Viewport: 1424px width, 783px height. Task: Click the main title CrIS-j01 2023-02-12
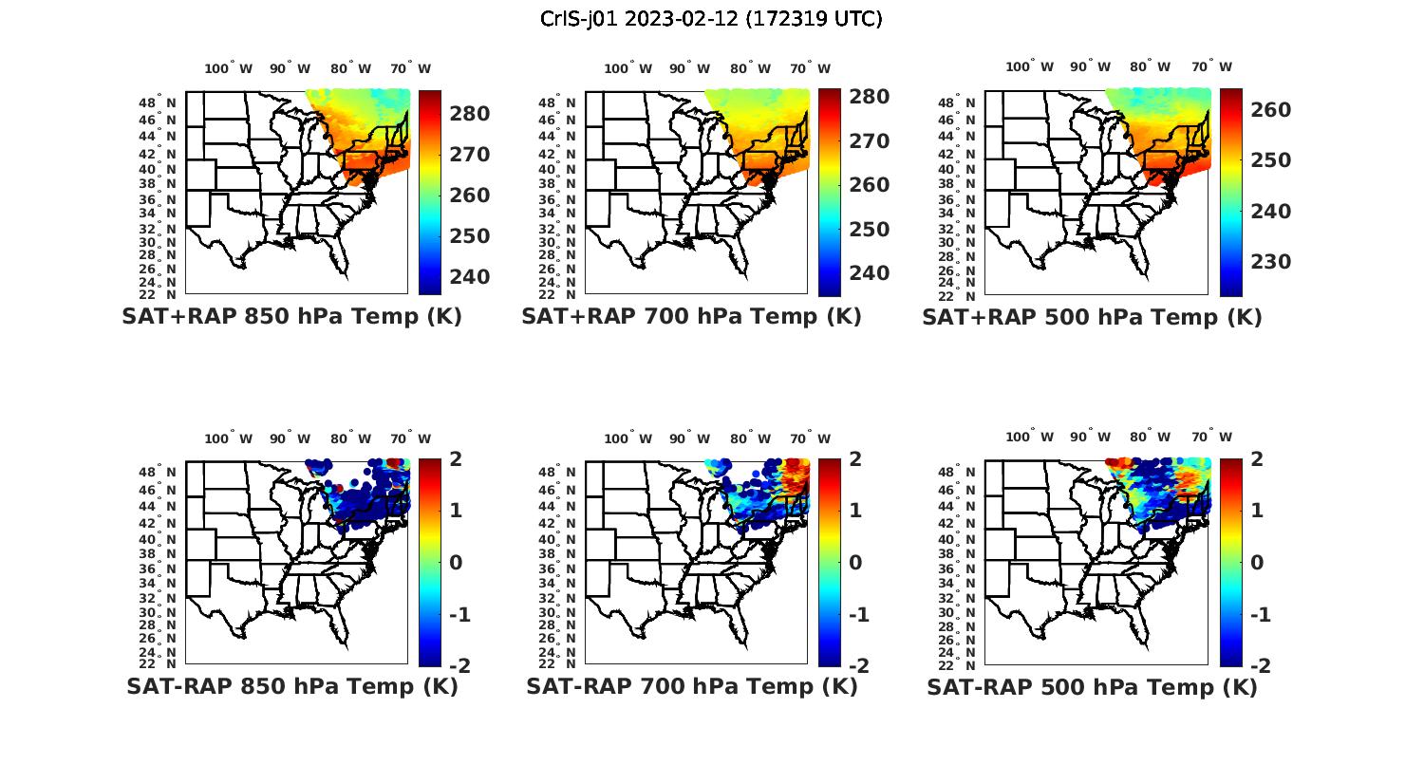(x=711, y=19)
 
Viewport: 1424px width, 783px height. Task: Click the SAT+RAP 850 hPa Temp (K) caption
(x=291, y=317)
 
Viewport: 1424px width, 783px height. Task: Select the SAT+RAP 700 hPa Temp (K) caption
(x=691, y=317)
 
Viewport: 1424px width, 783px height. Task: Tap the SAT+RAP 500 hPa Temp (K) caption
(x=1092, y=318)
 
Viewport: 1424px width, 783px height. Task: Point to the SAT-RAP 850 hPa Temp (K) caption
(x=291, y=686)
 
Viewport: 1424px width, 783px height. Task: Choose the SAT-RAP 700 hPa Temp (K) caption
(x=691, y=686)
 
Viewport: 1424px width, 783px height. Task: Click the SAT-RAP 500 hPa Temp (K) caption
(x=1092, y=687)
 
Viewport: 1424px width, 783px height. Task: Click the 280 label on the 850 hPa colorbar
(x=469, y=114)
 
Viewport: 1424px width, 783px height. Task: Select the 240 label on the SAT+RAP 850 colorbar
(x=469, y=277)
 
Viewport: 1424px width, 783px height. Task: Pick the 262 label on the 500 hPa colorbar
(x=1271, y=110)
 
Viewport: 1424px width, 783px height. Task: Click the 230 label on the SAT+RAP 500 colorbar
(x=1271, y=262)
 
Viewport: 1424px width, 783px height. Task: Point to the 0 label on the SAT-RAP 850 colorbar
(x=456, y=563)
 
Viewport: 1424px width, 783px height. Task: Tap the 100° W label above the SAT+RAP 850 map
(x=229, y=68)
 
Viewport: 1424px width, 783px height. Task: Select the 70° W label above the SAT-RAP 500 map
(x=1210, y=438)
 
